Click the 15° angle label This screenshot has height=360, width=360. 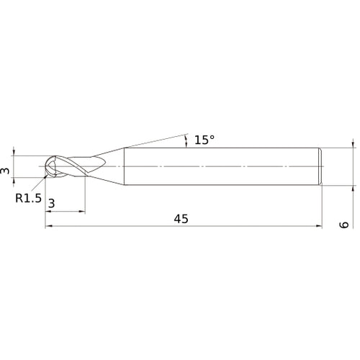(204, 140)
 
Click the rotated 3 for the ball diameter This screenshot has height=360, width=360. (5, 170)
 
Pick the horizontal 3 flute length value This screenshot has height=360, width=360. (51, 204)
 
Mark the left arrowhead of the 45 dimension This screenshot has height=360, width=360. (49, 226)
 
